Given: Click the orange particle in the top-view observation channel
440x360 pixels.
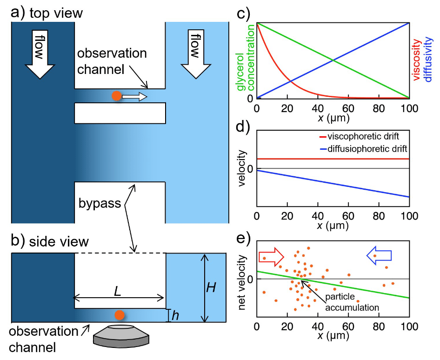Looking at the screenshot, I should coord(117,96).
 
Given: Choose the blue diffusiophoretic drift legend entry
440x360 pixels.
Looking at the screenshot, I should coord(362,148).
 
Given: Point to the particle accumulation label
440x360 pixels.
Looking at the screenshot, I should coord(353,302).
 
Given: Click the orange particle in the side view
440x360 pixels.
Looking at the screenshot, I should coord(120,314).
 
